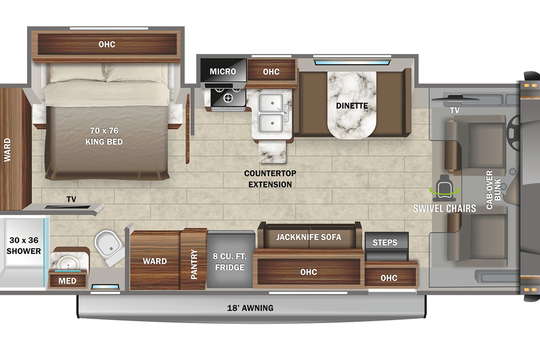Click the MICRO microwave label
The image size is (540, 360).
click(223, 71)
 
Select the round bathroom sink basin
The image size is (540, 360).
click(68, 263)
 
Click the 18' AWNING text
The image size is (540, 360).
click(250, 308)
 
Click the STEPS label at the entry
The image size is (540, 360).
click(385, 242)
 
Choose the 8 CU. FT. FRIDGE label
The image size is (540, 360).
click(229, 262)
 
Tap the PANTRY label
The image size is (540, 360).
click(194, 264)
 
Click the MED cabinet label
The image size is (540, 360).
click(67, 281)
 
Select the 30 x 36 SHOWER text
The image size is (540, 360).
click(23, 245)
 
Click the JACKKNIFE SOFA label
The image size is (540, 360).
click(309, 237)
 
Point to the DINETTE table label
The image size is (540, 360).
click(352, 106)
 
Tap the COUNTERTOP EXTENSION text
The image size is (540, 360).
click(270, 179)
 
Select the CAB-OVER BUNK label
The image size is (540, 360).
click(493, 189)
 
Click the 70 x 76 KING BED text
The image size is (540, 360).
click(104, 136)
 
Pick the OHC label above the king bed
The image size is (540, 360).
click(107, 44)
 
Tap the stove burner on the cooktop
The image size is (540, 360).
click(228, 98)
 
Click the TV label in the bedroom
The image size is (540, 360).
click(71, 199)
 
